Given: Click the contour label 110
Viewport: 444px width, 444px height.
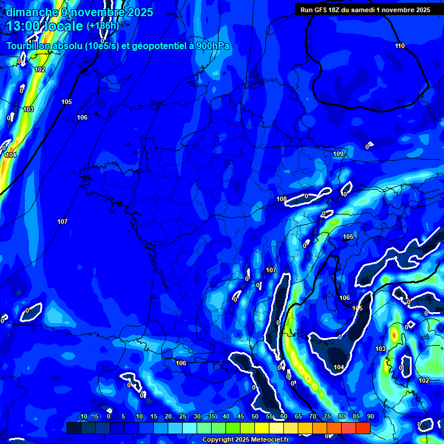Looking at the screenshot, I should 400,46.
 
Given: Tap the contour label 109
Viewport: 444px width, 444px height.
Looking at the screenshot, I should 338,154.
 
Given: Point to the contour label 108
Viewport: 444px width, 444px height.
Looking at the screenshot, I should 282,199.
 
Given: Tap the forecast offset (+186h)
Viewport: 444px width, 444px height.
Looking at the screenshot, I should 102,26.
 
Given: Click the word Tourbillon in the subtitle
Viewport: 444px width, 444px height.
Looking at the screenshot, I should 28,46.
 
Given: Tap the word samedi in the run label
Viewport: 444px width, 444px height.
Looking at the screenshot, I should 368,10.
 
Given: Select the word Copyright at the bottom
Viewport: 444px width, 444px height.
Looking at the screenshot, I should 217,440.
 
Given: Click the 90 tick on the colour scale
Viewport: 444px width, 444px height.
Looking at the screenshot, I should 370,417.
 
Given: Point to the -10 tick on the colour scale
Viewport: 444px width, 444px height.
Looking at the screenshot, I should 82,417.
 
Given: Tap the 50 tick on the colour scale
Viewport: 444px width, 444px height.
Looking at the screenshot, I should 255,417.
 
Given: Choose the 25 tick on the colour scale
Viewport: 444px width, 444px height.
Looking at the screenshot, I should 183,417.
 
